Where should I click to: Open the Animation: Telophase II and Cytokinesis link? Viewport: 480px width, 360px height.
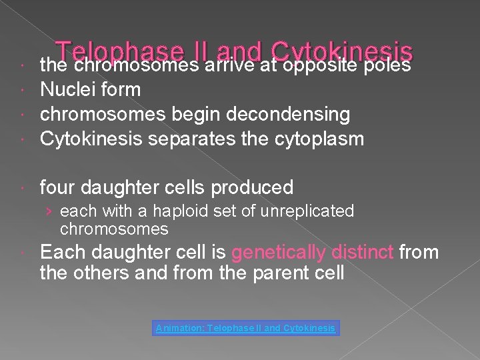coord(246,328)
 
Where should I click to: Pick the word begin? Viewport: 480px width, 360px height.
coord(191,115)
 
